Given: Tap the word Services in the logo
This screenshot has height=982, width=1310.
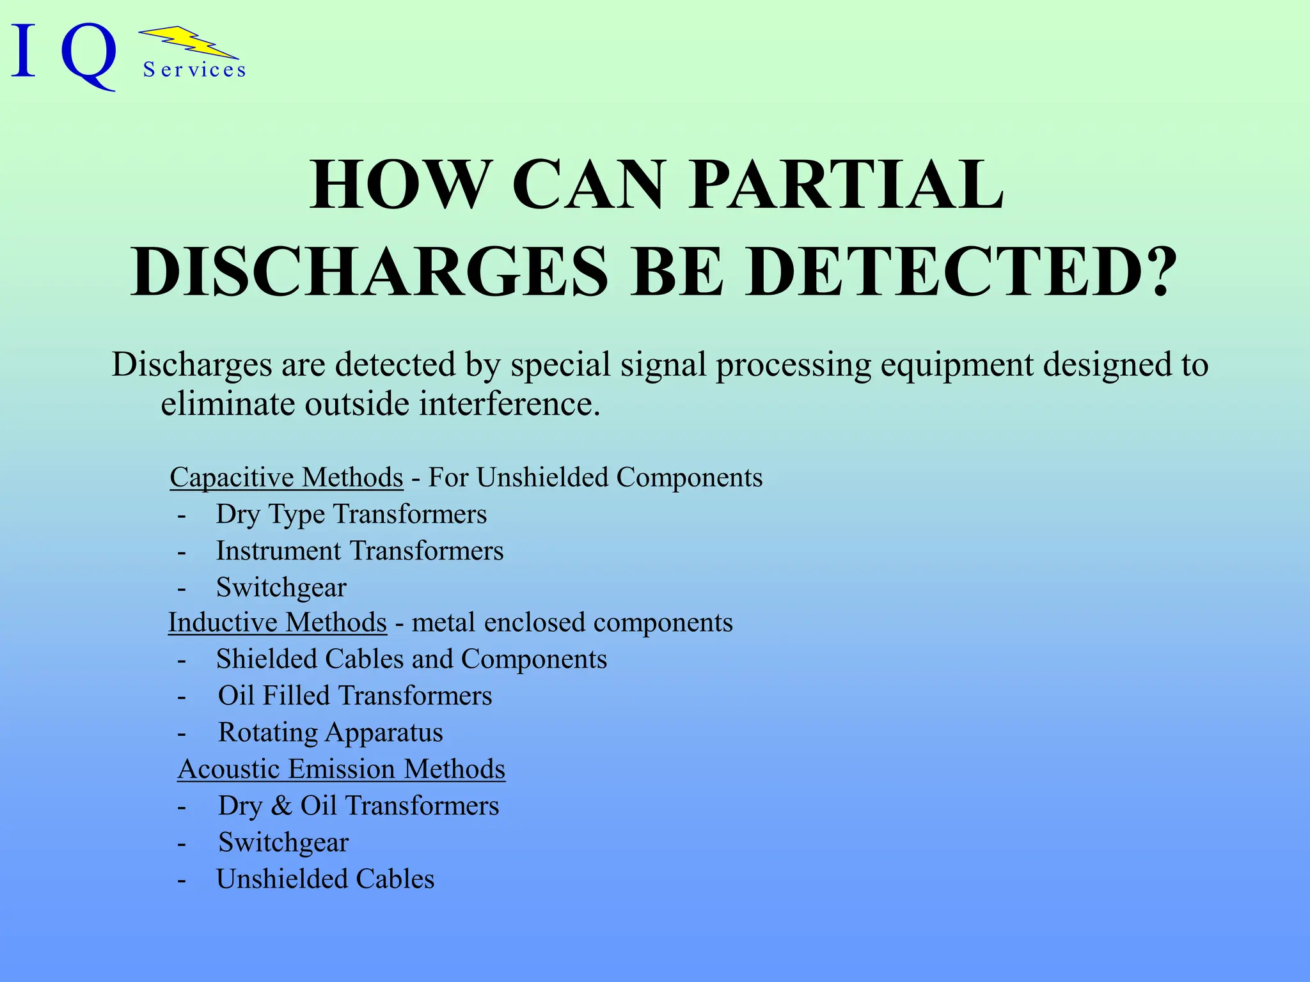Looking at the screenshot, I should (194, 70).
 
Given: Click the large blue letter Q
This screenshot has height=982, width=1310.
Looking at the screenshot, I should (90, 56).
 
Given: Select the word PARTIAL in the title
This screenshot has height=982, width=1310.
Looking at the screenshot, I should (847, 185).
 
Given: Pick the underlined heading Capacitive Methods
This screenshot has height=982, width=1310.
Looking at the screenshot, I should (287, 478).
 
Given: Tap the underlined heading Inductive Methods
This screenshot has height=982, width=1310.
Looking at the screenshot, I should (278, 623).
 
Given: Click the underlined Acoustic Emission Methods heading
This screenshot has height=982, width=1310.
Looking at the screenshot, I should (342, 769).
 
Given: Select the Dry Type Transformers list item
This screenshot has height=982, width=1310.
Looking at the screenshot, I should (351, 514).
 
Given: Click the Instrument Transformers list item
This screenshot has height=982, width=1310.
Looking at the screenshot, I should (359, 551).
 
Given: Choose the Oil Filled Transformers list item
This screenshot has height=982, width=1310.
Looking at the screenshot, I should (355, 696).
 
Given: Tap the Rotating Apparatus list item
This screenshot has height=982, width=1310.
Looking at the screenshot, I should (331, 733).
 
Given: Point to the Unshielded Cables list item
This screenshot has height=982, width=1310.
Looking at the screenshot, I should (326, 879).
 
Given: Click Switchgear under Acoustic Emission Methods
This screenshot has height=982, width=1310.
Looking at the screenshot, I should (283, 843).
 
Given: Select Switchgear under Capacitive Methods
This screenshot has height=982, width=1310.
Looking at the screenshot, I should (281, 588).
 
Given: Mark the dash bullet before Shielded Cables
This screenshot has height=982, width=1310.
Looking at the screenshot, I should (182, 660).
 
